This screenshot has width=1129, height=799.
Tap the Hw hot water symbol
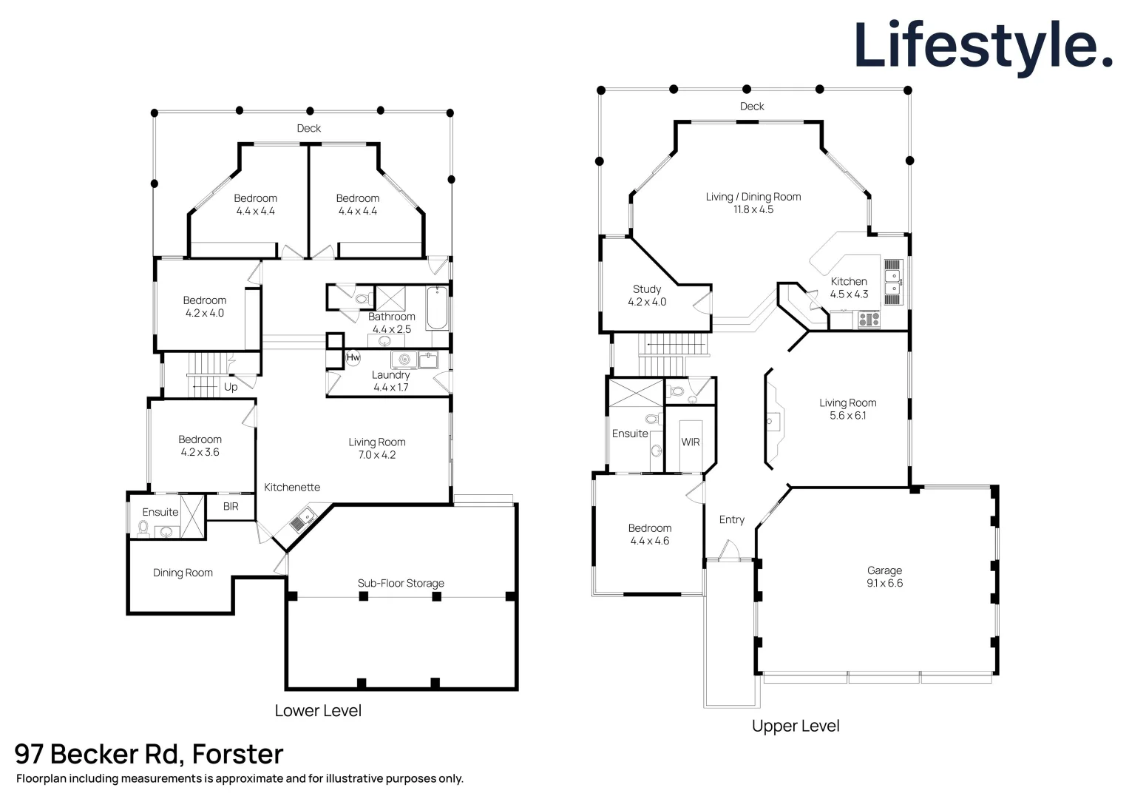(353, 358)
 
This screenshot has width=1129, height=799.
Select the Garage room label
(884, 570)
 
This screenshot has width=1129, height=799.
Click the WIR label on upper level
(690, 442)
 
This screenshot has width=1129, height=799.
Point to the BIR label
(231, 507)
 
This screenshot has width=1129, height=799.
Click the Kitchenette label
(292, 488)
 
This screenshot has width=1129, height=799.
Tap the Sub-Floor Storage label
(401, 583)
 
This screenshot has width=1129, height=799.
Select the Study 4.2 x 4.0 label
(647, 295)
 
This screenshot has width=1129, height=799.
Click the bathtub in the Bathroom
(437, 309)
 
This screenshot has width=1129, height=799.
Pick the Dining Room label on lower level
(183, 573)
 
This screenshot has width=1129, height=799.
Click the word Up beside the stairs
(231, 387)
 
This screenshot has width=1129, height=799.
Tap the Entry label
(731, 520)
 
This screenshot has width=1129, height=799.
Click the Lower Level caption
(318, 711)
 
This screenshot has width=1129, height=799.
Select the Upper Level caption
(795, 726)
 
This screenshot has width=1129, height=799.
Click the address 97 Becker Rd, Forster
(149, 754)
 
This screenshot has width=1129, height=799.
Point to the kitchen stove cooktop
(869, 320)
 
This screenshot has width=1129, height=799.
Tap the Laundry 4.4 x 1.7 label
(390, 381)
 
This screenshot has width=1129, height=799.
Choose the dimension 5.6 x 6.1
(847, 416)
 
